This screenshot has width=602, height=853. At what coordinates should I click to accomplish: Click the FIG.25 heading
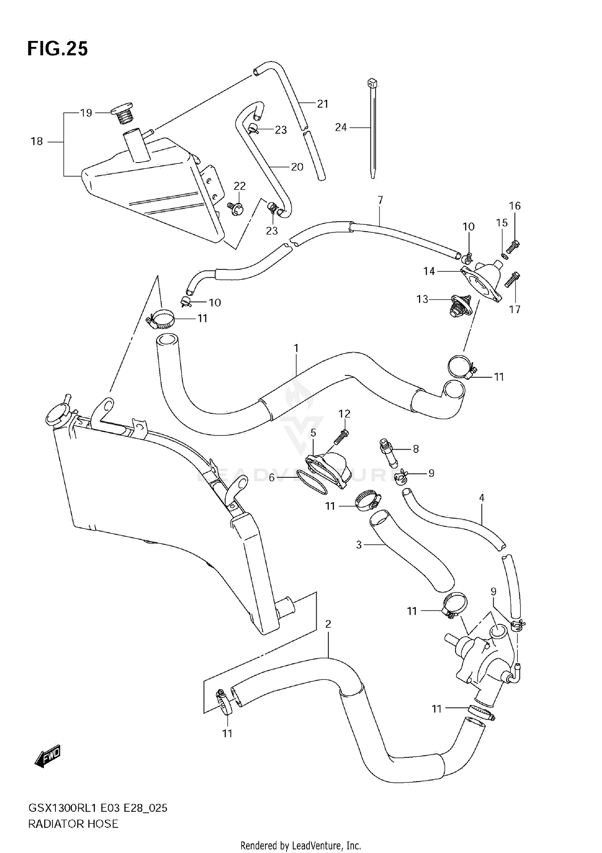click(x=57, y=49)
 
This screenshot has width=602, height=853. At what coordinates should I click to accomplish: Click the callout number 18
click(x=37, y=141)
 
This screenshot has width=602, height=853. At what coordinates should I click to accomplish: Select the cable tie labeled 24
click(x=372, y=128)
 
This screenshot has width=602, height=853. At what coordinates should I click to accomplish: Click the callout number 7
click(x=380, y=200)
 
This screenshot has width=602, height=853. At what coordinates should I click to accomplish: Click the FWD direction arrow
click(x=48, y=757)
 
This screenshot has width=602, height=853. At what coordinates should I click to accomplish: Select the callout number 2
click(x=328, y=624)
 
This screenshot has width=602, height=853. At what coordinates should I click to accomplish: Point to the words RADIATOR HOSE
click(x=73, y=824)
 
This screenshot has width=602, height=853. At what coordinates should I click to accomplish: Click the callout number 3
click(x=359, y=545)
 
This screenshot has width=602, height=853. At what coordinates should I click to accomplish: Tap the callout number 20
click(x=297, y=167)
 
